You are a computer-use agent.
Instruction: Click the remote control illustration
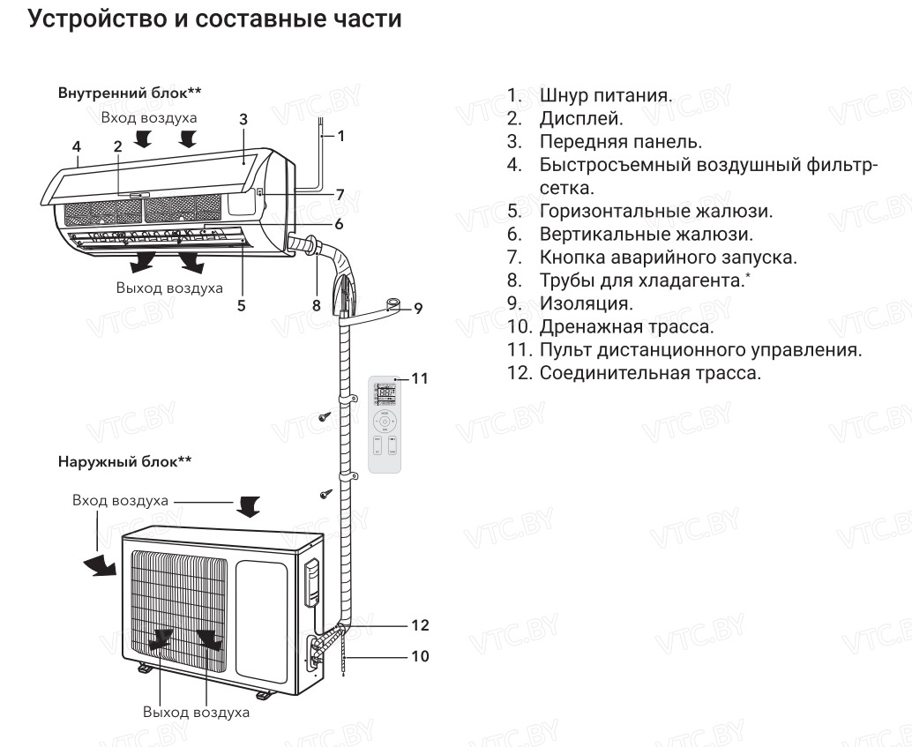[388, 424]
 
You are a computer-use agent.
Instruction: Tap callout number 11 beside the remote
[420, 378]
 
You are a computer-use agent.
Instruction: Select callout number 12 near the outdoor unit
[420, 625]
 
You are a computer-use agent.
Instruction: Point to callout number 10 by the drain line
[420, 656]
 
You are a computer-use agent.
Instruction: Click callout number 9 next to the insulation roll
[418, 308]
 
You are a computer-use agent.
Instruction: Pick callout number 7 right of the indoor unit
[340, 194]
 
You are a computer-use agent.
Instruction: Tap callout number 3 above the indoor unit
[243, 120]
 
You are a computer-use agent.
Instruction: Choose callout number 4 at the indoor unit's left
[77, 146]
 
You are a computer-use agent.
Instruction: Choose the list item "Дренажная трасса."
[626, 326]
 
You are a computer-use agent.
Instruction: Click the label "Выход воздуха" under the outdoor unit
[196, 712]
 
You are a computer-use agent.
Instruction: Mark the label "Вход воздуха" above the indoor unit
[149, 116]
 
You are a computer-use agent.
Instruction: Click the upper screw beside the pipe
[325, 415]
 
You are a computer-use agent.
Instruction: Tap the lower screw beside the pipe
[325, 492]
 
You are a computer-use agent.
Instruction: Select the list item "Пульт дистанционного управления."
[701, 350]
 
